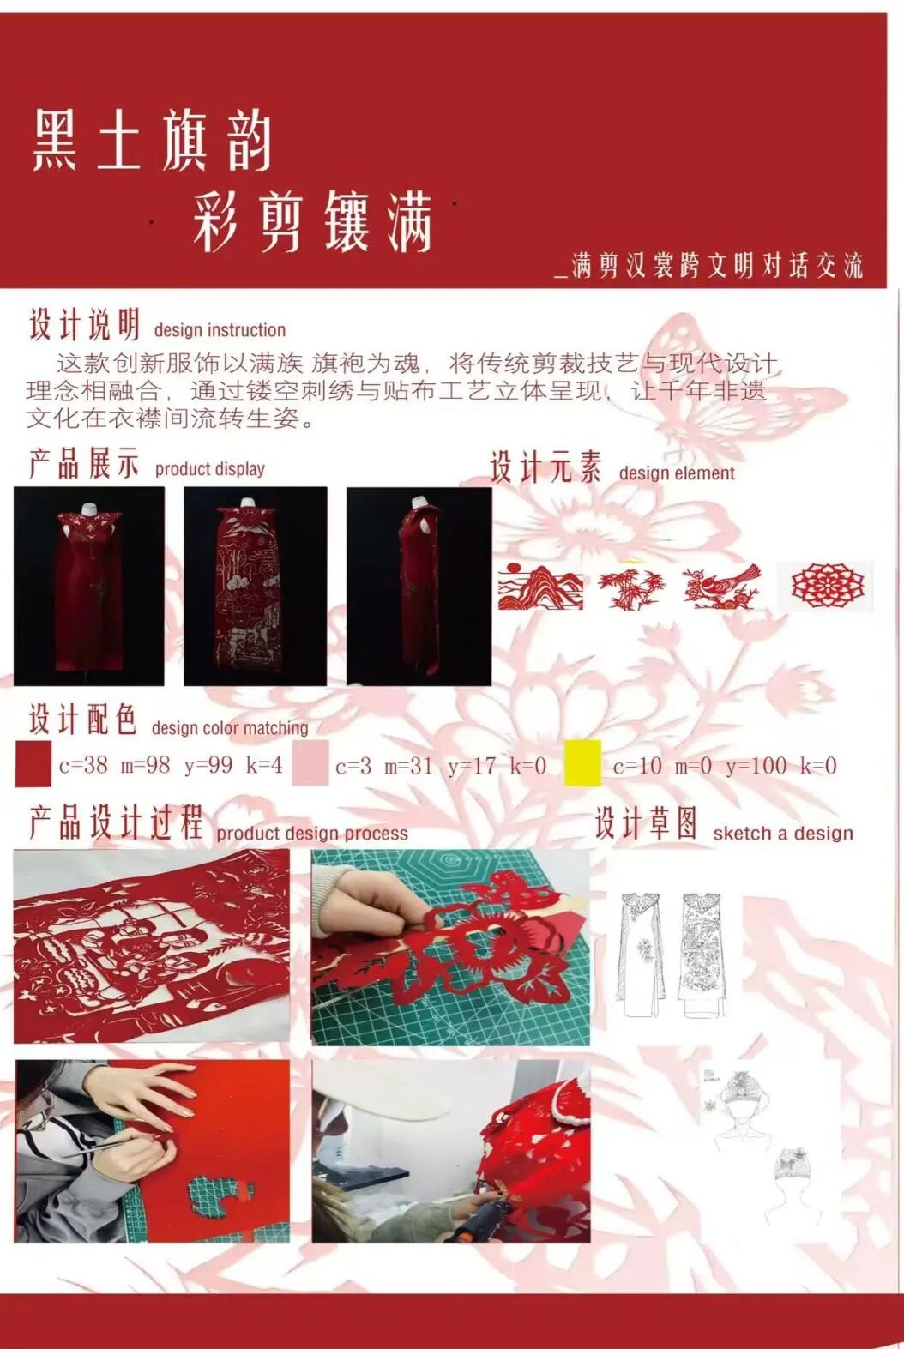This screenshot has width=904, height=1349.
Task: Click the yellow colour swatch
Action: coord(582,763)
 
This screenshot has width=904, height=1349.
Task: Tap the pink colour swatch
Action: coord(310,763)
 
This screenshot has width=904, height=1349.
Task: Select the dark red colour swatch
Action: coord(33,763)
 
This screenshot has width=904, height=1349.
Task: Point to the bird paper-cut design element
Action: coord(721,586)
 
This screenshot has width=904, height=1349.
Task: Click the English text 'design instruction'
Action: coord(220,330)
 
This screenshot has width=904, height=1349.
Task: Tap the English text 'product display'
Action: coord(209,469)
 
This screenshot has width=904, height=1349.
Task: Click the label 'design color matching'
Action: coord(230,728)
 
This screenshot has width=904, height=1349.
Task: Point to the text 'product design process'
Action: coord(312,834)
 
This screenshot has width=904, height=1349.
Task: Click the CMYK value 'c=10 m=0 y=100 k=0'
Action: coord(725,766)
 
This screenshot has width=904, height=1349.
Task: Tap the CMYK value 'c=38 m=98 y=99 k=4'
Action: coord(171,765)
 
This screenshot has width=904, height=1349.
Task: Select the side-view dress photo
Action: coord(419,586)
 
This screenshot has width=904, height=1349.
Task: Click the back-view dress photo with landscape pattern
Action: coord(256,586)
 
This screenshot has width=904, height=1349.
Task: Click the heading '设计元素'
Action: coord(545,467)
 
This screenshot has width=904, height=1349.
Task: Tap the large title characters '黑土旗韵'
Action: coord(152,141)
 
